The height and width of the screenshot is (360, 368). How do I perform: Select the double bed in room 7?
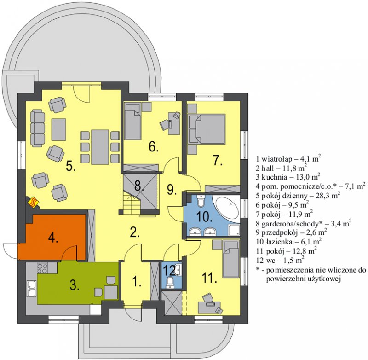click(207, 128)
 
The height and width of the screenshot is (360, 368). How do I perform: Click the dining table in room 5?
click(100, 147)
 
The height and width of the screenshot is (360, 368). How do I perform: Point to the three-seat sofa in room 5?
click(38, 128)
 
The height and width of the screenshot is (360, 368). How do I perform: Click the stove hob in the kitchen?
click(42, 268)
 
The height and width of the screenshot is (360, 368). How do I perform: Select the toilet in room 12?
click(169, 283)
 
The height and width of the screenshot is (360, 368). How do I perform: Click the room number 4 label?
click(53, 238)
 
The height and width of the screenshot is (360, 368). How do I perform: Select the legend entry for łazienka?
click(289, 242)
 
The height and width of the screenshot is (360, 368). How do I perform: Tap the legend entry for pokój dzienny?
click(298, 196)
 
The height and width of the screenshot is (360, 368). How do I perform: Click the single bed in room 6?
click(132, 121)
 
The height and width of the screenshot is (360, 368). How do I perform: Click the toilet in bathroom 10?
click(201, 201)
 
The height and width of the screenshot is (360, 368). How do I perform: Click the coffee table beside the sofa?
click(59, 128)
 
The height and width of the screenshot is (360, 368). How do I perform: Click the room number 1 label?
click(137, 281)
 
